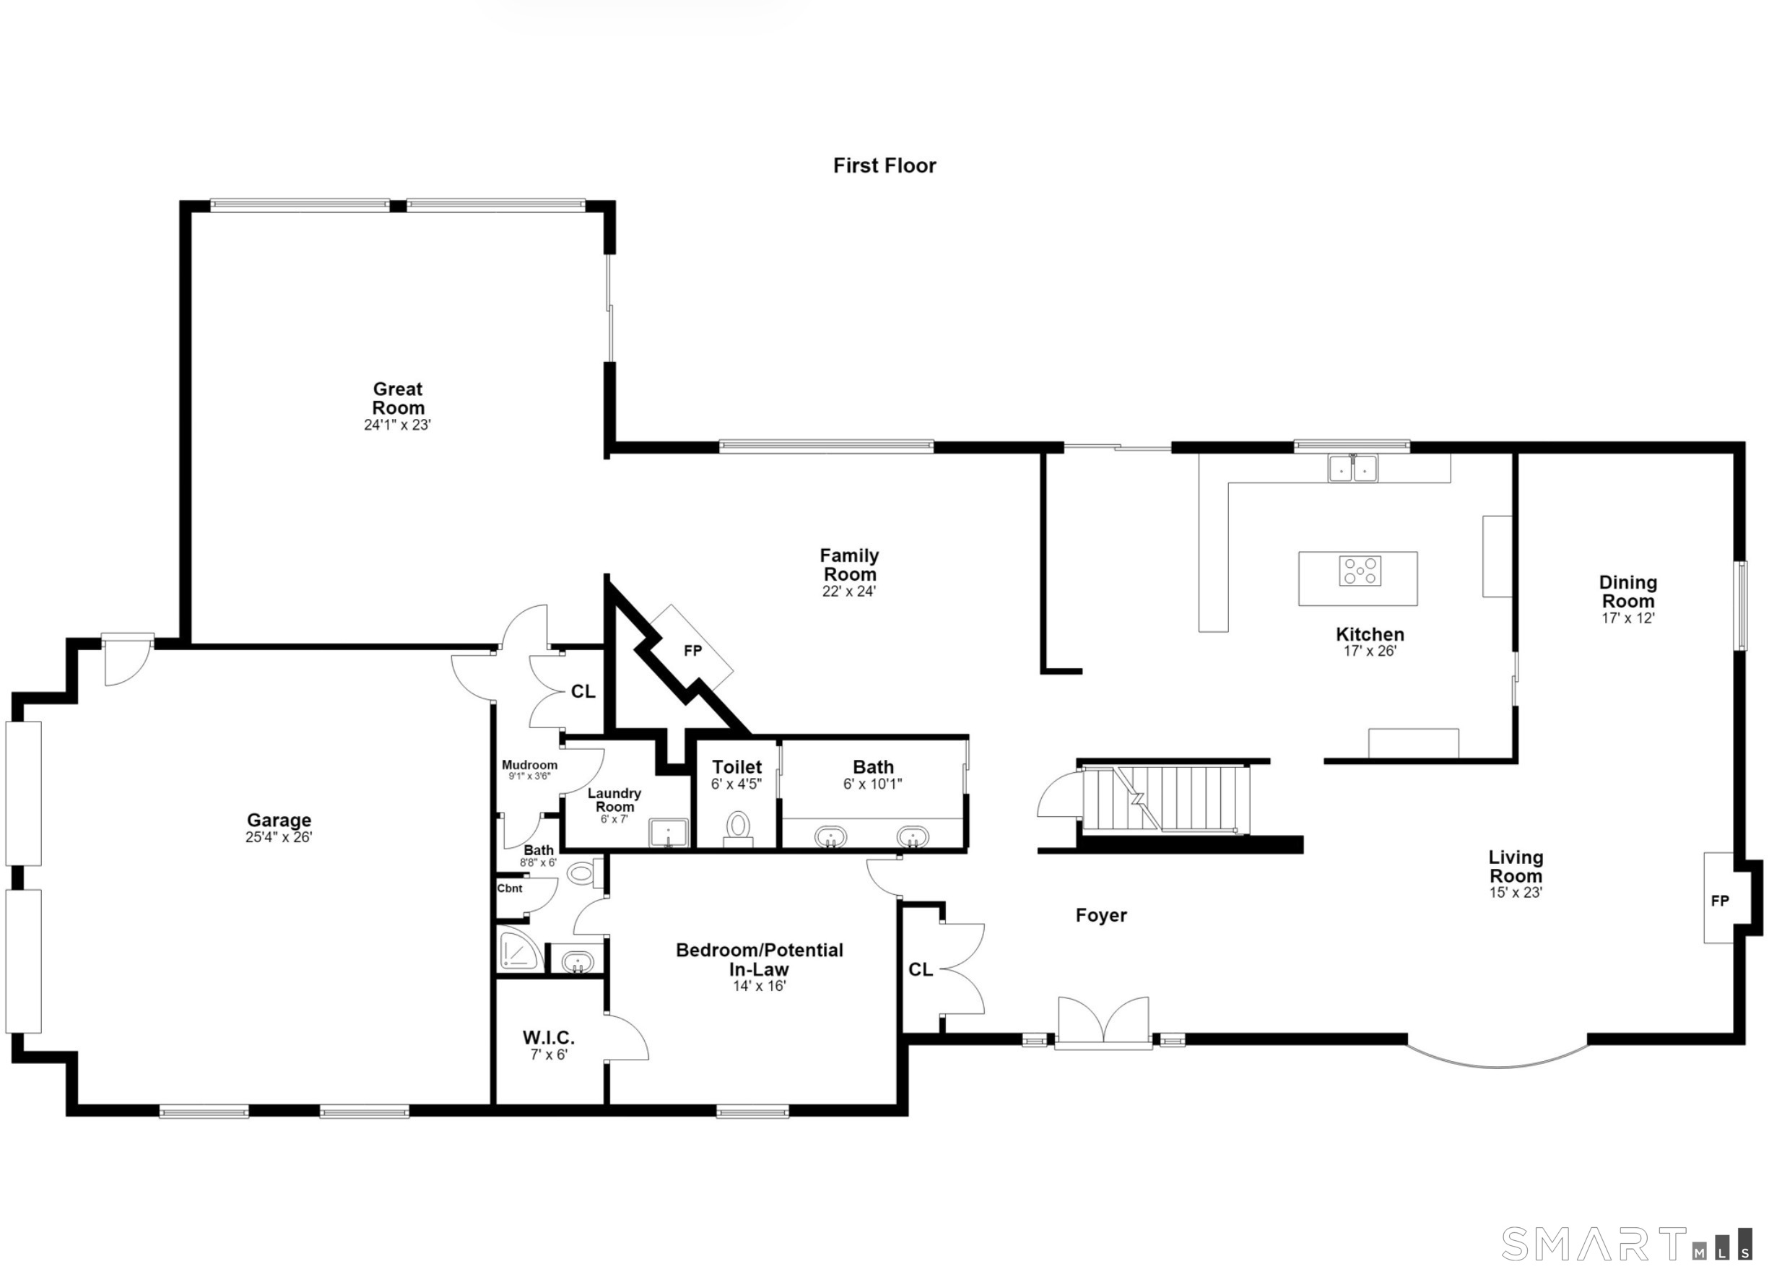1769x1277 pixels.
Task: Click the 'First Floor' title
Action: (884, 165)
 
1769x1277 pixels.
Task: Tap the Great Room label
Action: (398, 398)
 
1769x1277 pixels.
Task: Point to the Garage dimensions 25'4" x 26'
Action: (279, 837)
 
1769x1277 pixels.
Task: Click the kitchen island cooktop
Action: (1360, 570)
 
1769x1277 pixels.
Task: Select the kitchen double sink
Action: (1353, 468)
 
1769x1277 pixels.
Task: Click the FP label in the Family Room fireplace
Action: (692, 651)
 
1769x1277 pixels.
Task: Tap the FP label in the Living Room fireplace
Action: (1720, 901)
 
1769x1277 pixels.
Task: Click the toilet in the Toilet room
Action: (738, 828)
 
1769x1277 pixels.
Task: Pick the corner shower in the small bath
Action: (521, 949)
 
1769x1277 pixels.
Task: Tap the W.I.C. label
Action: (548, 1037)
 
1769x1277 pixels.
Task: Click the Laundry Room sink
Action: (669, 832)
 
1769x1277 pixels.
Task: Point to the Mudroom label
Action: (529, 766)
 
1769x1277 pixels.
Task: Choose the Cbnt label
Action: (510, 888)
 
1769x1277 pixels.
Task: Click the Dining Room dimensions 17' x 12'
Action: (1627, 618)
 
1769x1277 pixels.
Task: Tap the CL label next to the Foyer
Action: (921, 969)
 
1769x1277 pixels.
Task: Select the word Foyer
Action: (1101, 916)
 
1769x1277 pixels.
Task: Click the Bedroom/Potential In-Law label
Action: (760, 959)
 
